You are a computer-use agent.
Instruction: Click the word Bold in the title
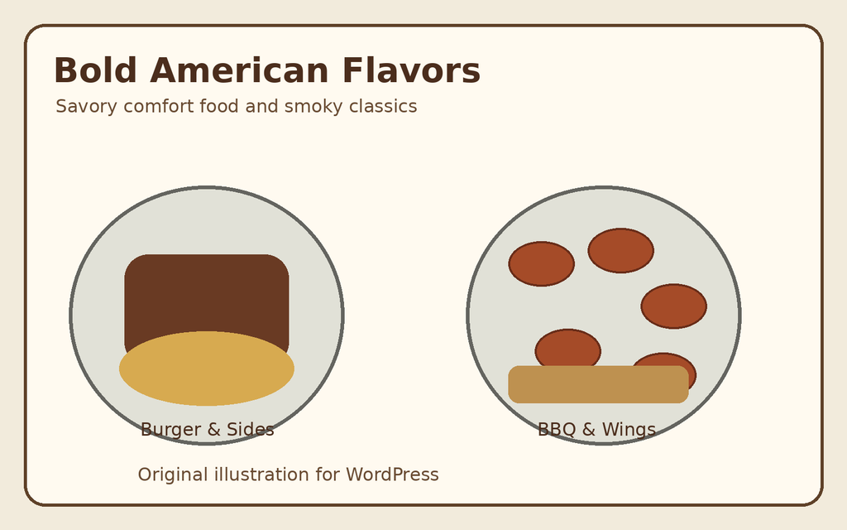[x=95, y=71]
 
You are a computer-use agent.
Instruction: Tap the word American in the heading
[x=239, y=71]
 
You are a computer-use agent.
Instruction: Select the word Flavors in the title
[x=411, y=71]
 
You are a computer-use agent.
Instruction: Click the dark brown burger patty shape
[x=207, y=293]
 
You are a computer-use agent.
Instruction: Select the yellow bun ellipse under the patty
[x=207, y=369]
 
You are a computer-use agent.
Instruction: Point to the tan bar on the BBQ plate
[x=599, y=384]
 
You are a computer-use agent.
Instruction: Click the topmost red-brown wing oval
[x=620, y=250]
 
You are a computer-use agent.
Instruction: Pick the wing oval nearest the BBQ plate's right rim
[x=673, y=306]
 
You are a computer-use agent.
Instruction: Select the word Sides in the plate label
[x=250, y=430]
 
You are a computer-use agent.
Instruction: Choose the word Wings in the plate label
[x=629, y=430]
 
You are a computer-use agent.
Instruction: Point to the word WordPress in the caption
[x=392, y=475]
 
